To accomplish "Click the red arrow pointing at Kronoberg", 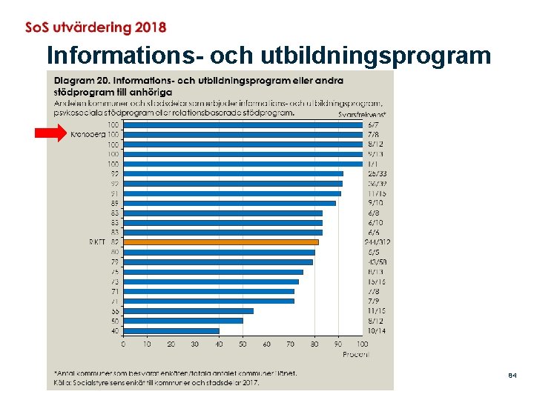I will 50,133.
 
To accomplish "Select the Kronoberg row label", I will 88,135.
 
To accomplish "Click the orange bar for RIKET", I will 221,242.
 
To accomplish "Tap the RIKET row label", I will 97,242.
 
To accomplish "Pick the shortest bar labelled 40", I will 171,330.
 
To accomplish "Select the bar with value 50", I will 183,321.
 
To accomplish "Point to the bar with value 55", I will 188,311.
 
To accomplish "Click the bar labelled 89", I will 229,203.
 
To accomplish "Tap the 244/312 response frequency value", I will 378,242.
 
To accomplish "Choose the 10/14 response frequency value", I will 377,330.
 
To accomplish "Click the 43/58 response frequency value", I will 377,262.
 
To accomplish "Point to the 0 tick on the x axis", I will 123,344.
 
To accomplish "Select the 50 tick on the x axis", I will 243,344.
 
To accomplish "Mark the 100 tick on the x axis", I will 362,344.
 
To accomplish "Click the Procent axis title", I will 356,354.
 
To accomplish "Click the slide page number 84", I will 512,377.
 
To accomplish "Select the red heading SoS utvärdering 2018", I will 96,27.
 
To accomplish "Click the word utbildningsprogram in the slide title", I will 375,56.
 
